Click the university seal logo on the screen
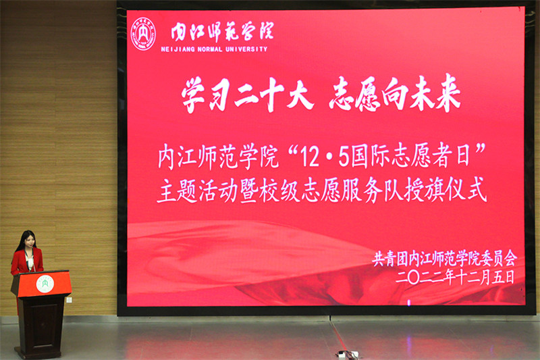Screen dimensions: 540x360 [x=143, y=34]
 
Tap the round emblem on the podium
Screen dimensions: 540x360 [x=45, y=284]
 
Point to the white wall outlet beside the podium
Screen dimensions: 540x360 [x=69, y=300]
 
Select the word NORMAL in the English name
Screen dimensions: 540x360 [x=210, y=49]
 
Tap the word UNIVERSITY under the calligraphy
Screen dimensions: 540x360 [x=246, y=49]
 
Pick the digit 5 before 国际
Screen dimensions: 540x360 [x=343, y=159]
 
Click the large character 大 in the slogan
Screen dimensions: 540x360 [x=299, y=94]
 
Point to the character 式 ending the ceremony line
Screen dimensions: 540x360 [x=477, y=190]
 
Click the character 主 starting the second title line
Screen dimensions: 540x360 [x=167, y=191]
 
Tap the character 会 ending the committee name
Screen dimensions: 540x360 [x=510, y=259]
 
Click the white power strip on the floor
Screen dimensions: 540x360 [x=347, y=354]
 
